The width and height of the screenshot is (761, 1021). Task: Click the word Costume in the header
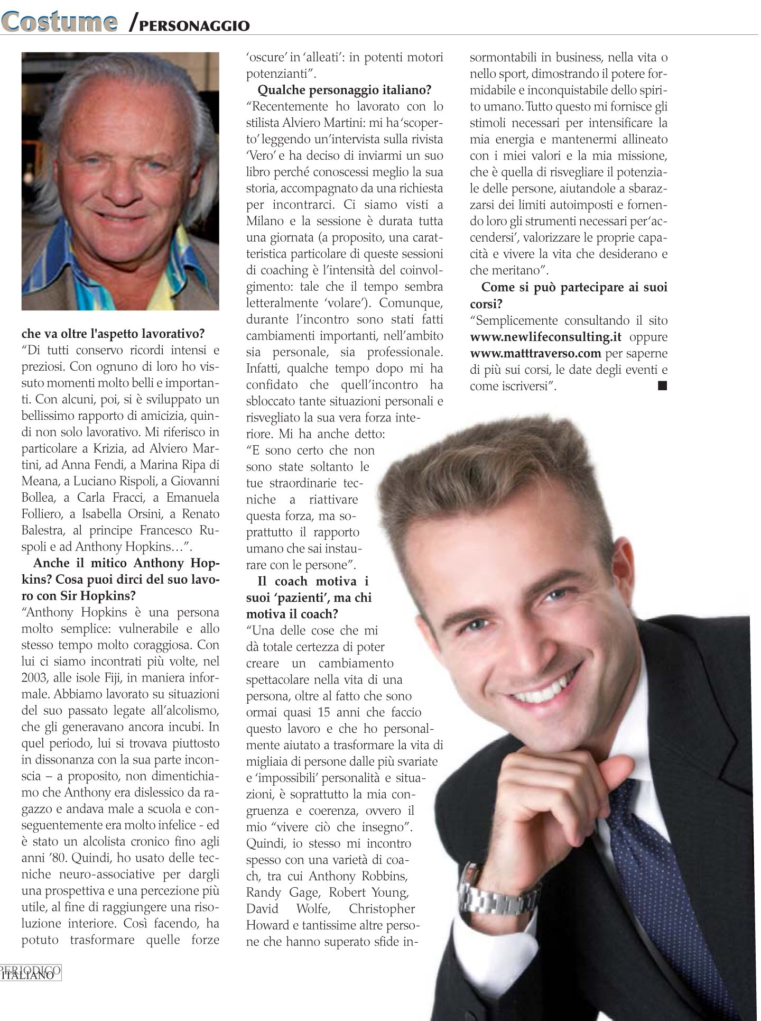59,22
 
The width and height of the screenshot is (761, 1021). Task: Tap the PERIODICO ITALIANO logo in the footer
31,972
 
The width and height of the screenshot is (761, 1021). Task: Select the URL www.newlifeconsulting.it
545,337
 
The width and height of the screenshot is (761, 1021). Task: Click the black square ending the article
662,386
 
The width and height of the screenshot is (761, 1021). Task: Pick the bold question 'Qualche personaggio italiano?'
344,90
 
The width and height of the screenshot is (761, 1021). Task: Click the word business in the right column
571,57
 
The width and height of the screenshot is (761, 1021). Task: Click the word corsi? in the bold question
486,304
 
